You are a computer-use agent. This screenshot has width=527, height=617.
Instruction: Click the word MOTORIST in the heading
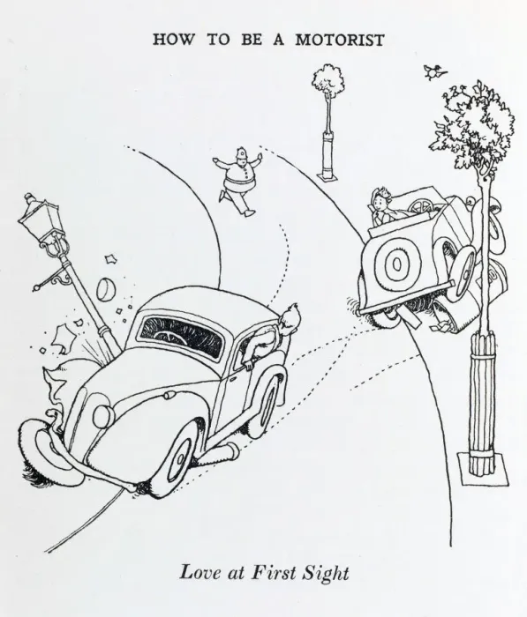pos(339,40)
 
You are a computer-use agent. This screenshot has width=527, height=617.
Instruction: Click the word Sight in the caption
pos(325,573)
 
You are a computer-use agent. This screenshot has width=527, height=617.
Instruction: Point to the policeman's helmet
pos(241,154)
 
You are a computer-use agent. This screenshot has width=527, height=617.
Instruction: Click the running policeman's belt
pos(238,183)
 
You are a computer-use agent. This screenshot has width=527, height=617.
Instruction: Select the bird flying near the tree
pos(435,72)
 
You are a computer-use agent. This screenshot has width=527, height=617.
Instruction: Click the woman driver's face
pos(380,204)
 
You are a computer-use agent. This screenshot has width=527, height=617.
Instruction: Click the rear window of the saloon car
pos(181,336)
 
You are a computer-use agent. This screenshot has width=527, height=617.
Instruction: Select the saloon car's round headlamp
pos(103,416)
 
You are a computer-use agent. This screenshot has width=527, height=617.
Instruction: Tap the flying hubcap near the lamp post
pos(106,288)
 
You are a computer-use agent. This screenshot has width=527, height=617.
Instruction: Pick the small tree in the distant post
pos(327,81)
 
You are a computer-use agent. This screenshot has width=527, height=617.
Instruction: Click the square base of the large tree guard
pos(483,469)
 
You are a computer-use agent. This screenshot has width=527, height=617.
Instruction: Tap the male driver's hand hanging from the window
pos(248,366)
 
